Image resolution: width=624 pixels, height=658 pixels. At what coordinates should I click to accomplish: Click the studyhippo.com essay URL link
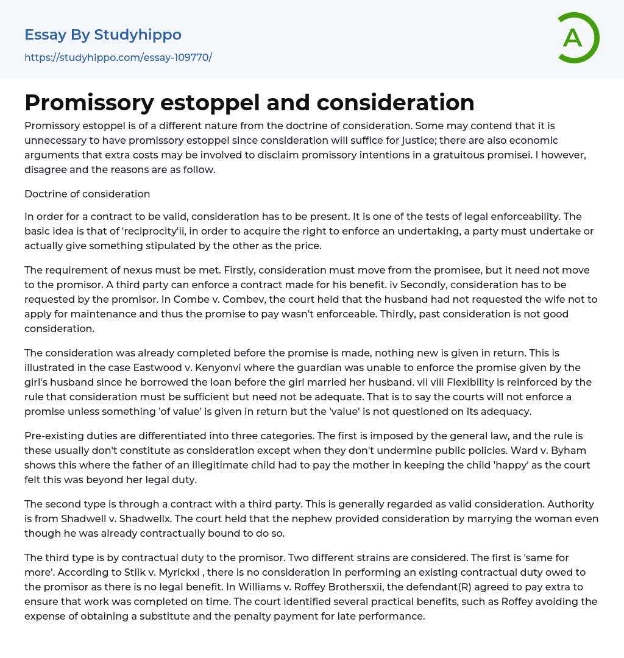point(118,58)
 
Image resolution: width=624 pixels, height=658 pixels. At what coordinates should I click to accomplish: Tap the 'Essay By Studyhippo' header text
point(103,35)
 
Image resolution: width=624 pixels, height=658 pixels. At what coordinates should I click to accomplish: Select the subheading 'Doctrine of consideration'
point(87,194)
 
